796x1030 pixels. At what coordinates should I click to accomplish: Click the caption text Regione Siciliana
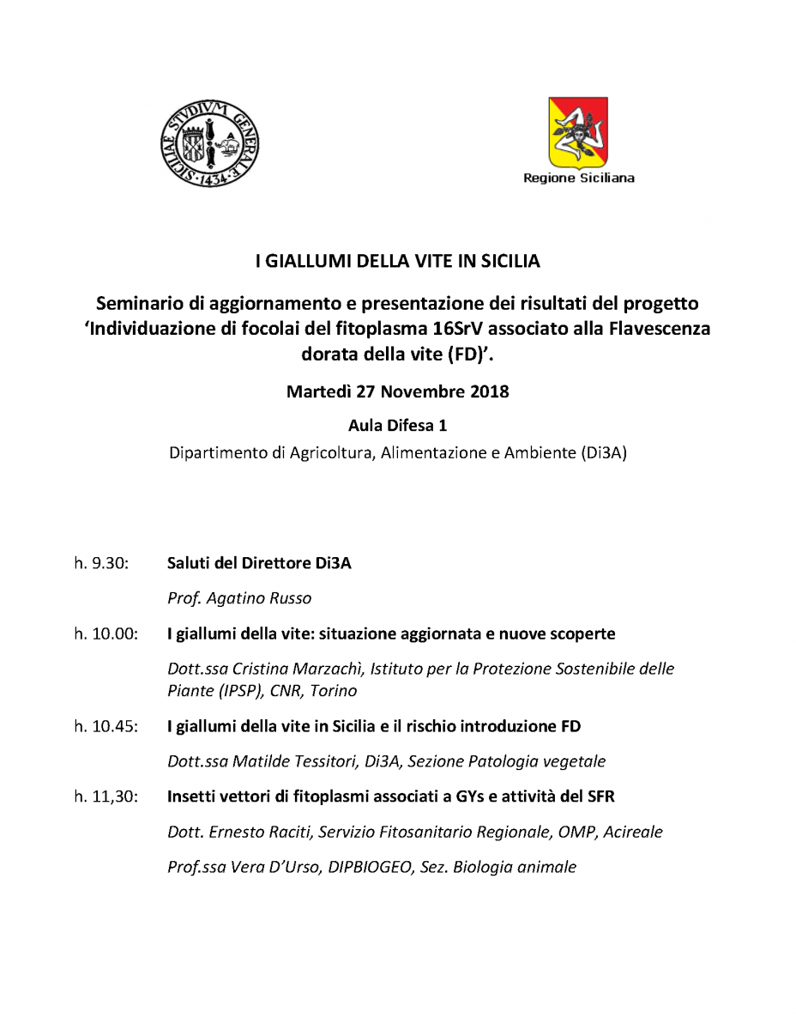pyautogui.click(x=579, y=179)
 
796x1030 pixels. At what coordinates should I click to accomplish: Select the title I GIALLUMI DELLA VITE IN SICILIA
pyautogui.click(x=397, y=259)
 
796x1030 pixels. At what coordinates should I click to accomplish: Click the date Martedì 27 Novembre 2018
pyautogui.click(x=397, y=392)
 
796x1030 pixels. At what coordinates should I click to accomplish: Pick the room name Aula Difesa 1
pyautogui.click(x=397, y=425)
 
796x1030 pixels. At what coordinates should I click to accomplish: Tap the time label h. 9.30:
pyautogui.click(x=101, y=563)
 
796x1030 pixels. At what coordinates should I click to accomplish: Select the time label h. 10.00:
pyautogui.click(x=106, y=634)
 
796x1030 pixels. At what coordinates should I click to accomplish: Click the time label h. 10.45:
pyautogui.click(x=106, y=727)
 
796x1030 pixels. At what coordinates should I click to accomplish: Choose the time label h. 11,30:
pyautogui.click(x=106, y=797)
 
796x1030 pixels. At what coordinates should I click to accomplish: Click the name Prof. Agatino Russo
pyautogui.click(x=239, y=598)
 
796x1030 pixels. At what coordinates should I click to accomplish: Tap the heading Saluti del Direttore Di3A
pyautogui.click(x=259, y=563)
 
